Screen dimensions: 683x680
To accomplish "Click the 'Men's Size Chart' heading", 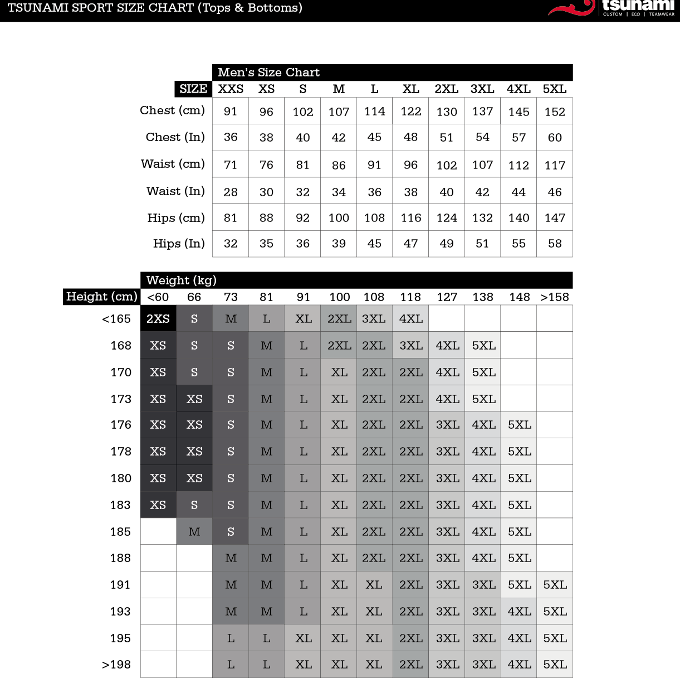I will pos(268,72).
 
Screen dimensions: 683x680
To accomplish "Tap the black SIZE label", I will pos(193,89).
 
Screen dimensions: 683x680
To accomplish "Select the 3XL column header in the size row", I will pos(482,89).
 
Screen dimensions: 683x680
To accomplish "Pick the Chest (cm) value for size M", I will pos(339,112).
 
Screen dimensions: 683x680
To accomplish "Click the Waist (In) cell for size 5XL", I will pos(555,192).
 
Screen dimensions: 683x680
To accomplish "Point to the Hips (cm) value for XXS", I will pos(231,218).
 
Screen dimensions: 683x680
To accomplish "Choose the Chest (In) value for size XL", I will pos(410,137).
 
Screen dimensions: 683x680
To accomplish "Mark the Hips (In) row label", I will pos(179,244).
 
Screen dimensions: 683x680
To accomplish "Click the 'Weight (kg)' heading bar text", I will pos(182,280).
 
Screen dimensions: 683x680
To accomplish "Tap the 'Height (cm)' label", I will pos(101,297).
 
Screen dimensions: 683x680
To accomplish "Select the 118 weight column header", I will pos(410,297).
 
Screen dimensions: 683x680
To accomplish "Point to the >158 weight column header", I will pos(555,297).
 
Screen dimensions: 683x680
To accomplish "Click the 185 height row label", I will pos(120,532).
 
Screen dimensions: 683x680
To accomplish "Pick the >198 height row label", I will pos(116,665).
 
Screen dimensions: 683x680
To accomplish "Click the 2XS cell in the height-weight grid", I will pos(158,319).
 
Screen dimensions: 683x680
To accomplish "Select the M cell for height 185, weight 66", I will pos(194,532).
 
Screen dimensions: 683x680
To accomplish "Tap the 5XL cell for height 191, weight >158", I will pos(555,585).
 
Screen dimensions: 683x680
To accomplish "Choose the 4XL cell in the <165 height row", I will pos(411,319).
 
